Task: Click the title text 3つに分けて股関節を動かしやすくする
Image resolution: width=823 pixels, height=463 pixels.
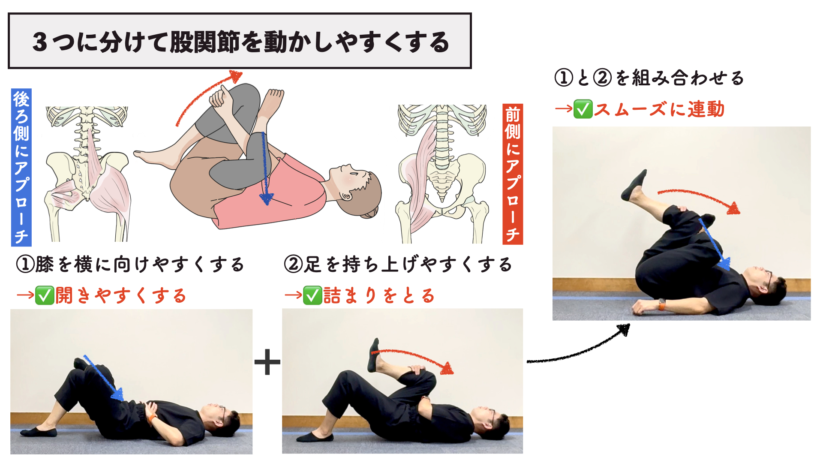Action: (240, 42)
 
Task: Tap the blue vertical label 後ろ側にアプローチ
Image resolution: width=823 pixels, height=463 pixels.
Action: (21, 167)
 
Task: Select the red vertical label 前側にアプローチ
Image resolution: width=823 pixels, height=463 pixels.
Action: (513, 174)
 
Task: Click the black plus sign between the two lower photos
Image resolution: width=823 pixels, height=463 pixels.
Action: (267, 362)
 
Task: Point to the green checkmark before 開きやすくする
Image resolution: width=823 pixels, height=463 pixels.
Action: (45, 295)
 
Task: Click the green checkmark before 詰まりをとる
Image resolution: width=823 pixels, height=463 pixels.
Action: (312, 295)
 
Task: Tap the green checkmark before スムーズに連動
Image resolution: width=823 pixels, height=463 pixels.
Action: (583, 109)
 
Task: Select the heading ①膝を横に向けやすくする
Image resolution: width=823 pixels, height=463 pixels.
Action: (130, 265)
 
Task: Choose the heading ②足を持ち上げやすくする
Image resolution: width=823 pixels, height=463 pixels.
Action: (398, 265)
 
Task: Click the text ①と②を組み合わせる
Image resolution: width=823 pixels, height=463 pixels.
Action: (649, 78)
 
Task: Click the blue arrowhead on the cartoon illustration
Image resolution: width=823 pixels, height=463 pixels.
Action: (266, 198)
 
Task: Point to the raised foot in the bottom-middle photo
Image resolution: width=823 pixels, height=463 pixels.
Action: (374, 355)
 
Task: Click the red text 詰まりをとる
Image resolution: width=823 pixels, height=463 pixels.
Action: (379, 296)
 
